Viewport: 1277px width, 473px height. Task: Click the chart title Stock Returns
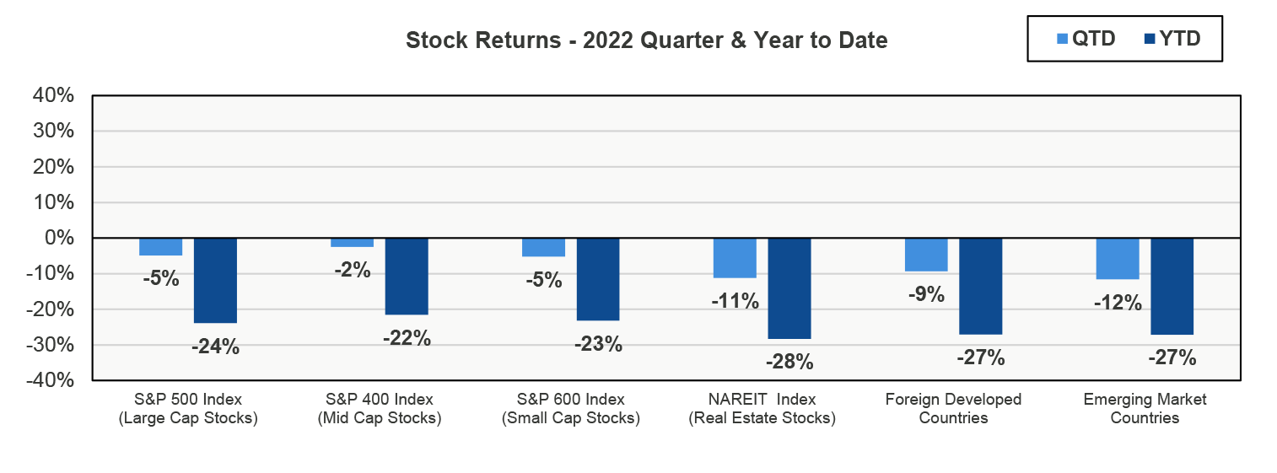click(646, 40)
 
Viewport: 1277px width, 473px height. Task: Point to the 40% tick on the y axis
click(53, 96)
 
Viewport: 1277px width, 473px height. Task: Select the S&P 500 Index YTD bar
click(215, 281)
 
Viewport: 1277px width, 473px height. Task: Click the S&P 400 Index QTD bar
click(352, 243)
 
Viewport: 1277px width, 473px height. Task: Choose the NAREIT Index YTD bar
click(789, 288)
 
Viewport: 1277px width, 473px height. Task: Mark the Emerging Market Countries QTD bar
click(1117, 259)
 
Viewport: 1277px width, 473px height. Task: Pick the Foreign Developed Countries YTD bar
click(980, 287)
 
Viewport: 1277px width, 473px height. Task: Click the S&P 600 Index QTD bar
click(543, 248)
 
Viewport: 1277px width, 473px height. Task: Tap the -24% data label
click(215, 346)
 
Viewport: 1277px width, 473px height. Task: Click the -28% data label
click(789, 362)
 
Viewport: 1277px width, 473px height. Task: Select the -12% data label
click(1117, 302)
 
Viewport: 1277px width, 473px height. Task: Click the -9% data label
click(926, 294)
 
